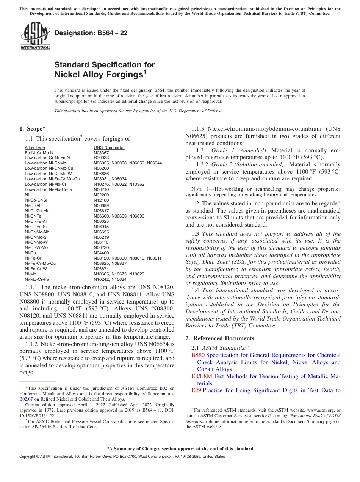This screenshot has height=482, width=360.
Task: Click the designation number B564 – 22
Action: point(91,33)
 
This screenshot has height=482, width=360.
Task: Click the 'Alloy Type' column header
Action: point(35,147)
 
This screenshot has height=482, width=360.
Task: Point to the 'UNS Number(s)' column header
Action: point(109,147)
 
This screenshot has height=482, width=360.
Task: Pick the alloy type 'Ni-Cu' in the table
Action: point(30,252)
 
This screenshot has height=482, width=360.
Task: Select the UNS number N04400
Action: point(101,252)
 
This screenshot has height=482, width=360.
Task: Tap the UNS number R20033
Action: point(101,158)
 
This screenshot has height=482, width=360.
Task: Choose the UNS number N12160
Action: point(101,200)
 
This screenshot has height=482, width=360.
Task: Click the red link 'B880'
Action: point(198,355)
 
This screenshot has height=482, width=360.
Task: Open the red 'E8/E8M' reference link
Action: point(202,376)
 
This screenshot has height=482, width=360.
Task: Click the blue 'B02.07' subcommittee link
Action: point(25,399)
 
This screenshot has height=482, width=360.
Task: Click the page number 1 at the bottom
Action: point(180,465)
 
